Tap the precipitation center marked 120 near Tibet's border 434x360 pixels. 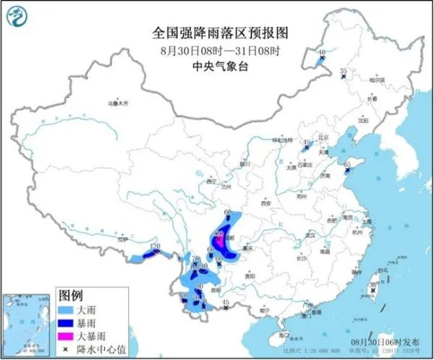click(x=154, y=253)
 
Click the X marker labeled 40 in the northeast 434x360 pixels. click(x=318, y=59)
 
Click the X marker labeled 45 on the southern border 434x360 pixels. click(x=226, y=309)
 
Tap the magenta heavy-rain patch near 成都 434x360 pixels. click(x=219, y=239)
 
